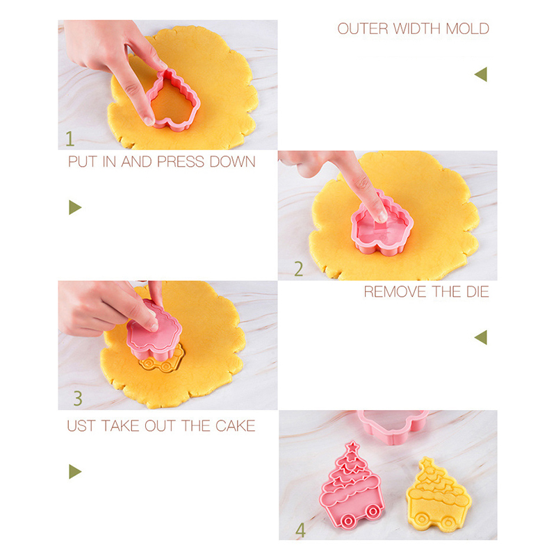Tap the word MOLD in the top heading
click(x=467, y=28)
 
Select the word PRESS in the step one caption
click(x=181, y=162)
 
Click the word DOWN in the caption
click(x=232, y=162)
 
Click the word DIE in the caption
click(x=477, y=292)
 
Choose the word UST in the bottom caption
click(x=81, y=425)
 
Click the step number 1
click(x=70, y=138)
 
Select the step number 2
click(x=299, y=269)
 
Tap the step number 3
click(x=78, y=398)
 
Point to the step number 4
click(x=300, y=530)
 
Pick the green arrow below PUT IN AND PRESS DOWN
click(x=75, y=207)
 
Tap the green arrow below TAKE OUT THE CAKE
click(x=75, y=472)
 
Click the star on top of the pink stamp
click(x=352, y=447)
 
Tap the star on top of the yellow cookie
click(x=427, y=463)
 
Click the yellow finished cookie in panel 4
click(x=439, y=495)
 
